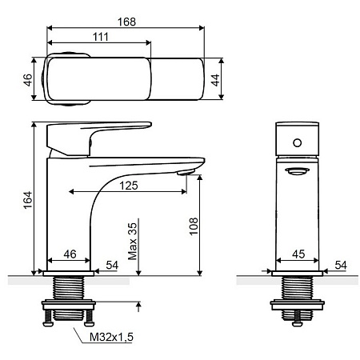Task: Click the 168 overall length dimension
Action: tap(126, 22)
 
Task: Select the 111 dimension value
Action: tap(101, 37)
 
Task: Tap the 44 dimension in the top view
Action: tap(215, 80)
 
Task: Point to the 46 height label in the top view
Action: tap(27, 80)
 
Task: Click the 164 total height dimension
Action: tap(27, 200)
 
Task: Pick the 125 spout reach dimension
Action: tap(129, 186)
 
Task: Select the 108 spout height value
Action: tap(194, 226)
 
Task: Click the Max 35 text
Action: tap(132, 242)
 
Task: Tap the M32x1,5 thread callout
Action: tap(111, 337)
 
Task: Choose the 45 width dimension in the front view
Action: tap(298, 254)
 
